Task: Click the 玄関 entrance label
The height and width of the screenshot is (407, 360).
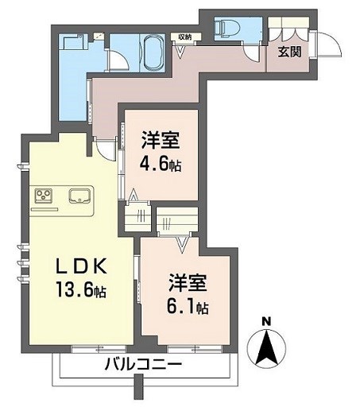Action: click(x=290, y=52)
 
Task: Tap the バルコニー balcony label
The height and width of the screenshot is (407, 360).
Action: click(x=143, y=365)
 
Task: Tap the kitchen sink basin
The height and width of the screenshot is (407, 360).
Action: click(x=80, y=196)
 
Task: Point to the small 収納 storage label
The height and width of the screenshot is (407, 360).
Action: click(x=184, y=37)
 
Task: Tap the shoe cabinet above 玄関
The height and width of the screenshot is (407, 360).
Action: click(x=288, y=27)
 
